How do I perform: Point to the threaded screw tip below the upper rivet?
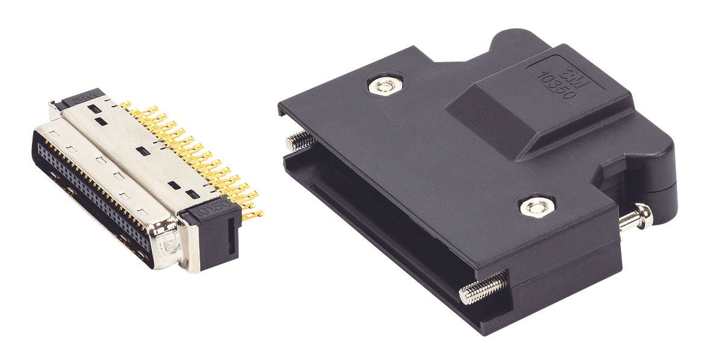coord(300,142)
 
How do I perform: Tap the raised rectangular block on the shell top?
coord(531,109)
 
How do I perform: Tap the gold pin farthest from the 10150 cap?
coord(125,106)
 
